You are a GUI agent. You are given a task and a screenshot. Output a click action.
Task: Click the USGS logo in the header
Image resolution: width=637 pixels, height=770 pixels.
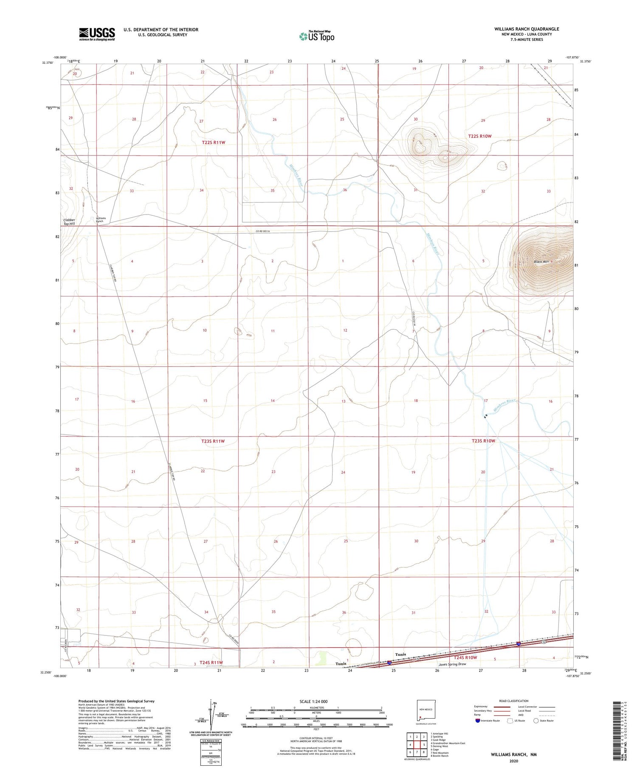(97, 34)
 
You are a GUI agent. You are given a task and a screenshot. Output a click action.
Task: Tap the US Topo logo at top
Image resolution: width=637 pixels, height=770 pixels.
(317, 36)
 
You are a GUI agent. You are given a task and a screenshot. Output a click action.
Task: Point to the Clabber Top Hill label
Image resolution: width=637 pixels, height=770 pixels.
(69, 222)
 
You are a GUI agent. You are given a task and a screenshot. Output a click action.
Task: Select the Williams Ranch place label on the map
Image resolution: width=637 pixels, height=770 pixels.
(100, 220)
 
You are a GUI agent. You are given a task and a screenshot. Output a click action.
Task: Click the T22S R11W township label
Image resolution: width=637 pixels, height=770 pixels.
(213, 143)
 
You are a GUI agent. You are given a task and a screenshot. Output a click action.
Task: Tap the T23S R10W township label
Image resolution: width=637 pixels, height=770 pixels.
(483, 441)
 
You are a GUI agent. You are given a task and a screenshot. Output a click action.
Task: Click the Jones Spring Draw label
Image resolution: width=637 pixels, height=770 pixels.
(452, 664)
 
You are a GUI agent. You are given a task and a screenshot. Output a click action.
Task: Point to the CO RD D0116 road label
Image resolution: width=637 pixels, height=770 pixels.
(262, 231)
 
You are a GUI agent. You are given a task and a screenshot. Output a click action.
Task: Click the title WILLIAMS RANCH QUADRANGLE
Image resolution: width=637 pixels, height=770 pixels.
(526, 29)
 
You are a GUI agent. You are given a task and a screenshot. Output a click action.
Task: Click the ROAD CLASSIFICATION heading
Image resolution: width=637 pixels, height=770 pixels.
(514, 701)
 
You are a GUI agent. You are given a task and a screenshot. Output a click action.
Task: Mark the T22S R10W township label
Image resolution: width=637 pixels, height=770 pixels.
(479, 136)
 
